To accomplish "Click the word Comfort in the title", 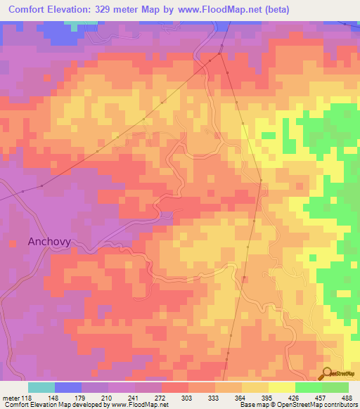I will click(x=33, y=10).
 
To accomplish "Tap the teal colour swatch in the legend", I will click(x=41, y=387).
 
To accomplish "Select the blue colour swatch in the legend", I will click(x=68, y=387).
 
